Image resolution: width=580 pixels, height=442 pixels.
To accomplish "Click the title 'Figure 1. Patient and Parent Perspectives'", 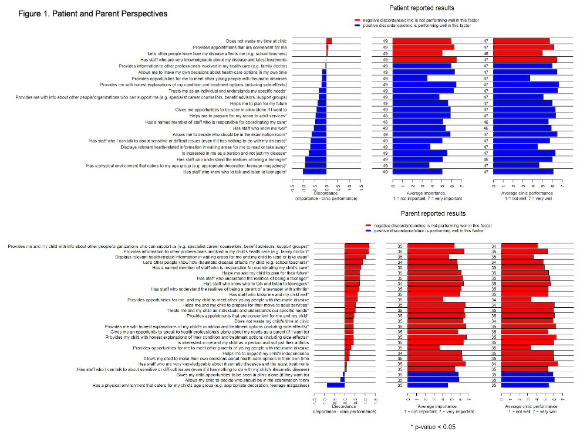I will coord(92,13).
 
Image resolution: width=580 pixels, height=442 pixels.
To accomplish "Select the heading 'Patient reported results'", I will coord(421,8).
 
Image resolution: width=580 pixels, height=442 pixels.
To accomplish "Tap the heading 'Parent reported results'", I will coord(433,214).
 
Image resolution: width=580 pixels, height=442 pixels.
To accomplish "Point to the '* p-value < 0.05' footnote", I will coord(433,427).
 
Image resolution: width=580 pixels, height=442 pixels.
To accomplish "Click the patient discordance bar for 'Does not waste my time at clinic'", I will coord(329,41).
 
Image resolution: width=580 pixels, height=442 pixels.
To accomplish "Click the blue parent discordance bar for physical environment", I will coord(335,385).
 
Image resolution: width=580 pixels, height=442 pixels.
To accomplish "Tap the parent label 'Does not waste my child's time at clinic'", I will coord(272,322).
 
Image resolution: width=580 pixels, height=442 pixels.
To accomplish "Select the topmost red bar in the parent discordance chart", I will coord(356,246).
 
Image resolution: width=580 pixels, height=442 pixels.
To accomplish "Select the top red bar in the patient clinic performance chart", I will coord(521,41).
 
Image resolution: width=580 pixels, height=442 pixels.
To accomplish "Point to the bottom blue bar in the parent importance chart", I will coord(427,385).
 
